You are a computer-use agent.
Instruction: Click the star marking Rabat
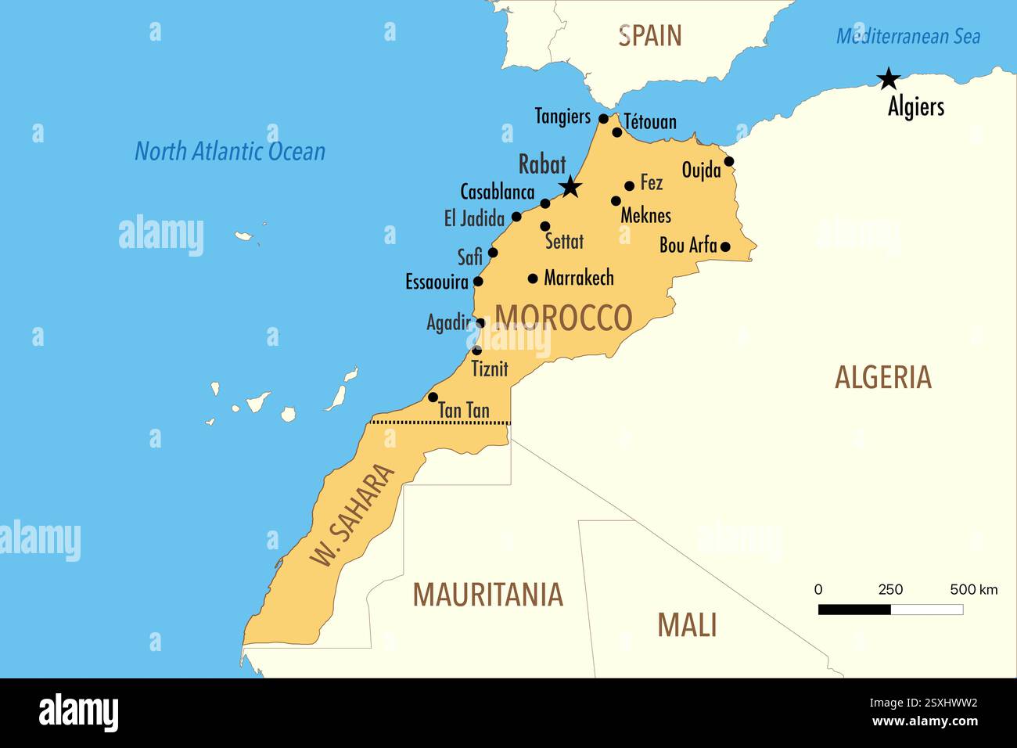click(x=570, y=186)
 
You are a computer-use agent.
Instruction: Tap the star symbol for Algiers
click(x=888, y=78)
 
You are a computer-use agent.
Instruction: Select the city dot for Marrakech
click(x=533, y=278)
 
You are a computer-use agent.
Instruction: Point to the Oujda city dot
click(x=728, y=161)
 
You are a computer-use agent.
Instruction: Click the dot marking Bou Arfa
click(x=724, y=246)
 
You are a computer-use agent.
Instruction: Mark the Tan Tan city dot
click(x=433, y=397)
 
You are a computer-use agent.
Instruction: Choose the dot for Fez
click(x=629, y=185)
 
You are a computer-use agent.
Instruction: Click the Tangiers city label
click(x=562, y=117)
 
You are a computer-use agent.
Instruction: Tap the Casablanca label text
click(x=497, y=192)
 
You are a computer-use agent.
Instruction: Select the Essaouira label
click(x=437, y=282)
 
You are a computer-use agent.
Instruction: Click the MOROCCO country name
click(x=563, y=318)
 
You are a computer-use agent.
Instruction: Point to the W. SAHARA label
click(x=353, y=514)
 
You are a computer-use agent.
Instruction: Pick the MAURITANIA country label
click(x=487, y=595)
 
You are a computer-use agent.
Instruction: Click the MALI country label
click(x=686, y=625)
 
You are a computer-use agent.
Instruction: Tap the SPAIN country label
click(x=649, y=36)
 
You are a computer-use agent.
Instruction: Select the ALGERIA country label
click(x=882, y=377)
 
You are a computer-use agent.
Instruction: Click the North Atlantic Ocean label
click(x=230, y=151)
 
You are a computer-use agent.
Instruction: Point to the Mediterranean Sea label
click(x=907, y=36)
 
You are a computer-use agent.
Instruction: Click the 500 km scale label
click(x=973, y=589)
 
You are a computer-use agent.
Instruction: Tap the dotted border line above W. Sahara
click(x=440, y=423)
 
